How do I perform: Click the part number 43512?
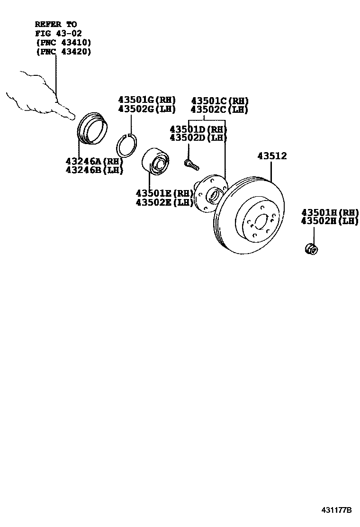tap(272, 156)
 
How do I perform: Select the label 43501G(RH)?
tap(147, 100)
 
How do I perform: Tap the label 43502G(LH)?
tap(147, 109)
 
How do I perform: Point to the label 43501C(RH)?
tap(219, 101)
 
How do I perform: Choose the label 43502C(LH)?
tap(219, 109)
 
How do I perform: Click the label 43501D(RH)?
tap(198, 129)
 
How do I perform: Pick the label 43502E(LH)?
tap(164, 202)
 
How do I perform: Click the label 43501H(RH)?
tap(330, 212)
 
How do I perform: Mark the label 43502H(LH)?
tap(330, 221)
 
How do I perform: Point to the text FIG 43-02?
tap(59, 33)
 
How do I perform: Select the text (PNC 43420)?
tap(63, 52)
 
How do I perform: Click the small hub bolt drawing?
tap(190, 164)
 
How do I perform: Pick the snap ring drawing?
tap(127, 145)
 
